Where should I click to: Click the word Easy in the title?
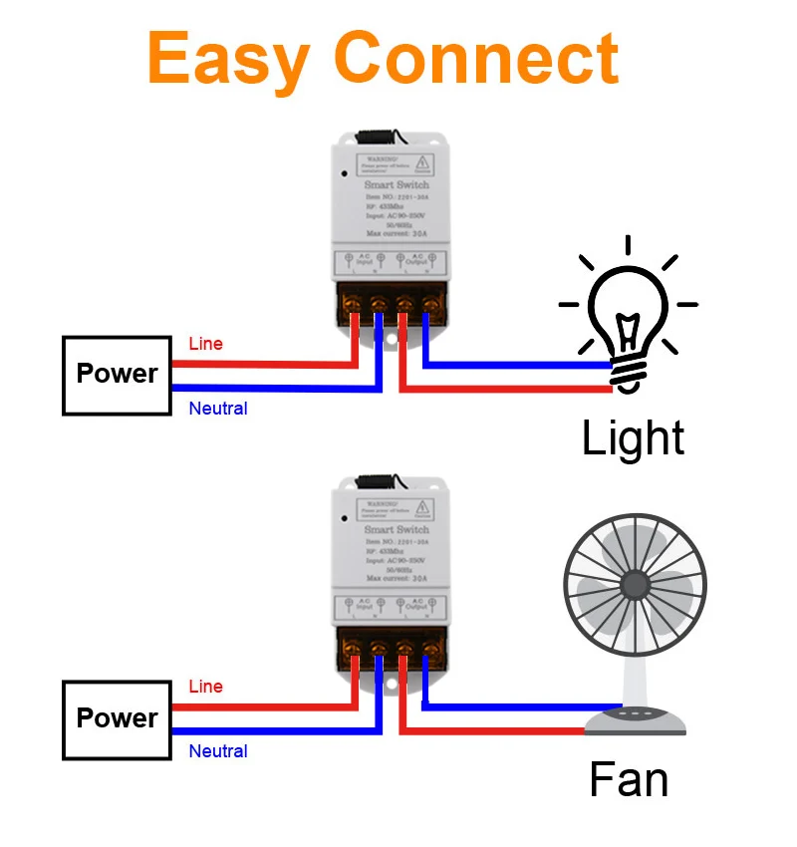(x=228, y=60)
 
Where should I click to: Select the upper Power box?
(x=117, y=375)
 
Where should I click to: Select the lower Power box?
(x=117, y=718)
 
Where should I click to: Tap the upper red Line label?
(x=206, y=344)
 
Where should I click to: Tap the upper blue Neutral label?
(x=218, y=409)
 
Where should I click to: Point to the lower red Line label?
(x=206, y=687)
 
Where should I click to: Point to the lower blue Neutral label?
(x=218, y=751)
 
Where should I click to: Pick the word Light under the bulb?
(x=633, y=439)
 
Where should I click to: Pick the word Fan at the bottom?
(x=629, y=779)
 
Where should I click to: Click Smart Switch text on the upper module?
(x=397, y=184)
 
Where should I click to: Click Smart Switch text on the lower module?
(x=397, y=529)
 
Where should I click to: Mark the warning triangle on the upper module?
(x=422, y=161)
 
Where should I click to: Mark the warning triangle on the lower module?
(x=422, y=506)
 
